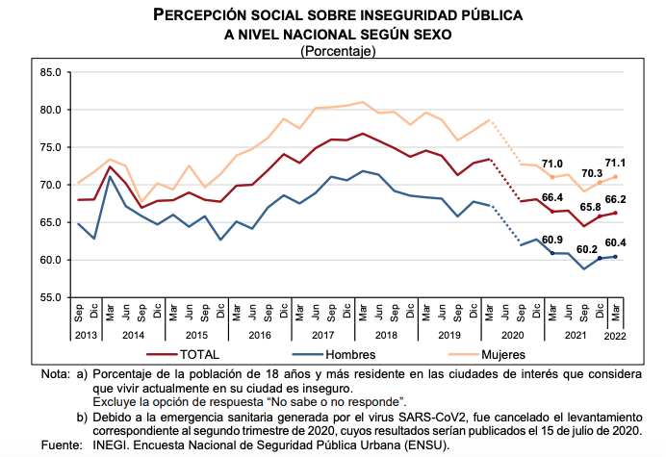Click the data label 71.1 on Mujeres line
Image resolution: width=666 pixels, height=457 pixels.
pos(615,164)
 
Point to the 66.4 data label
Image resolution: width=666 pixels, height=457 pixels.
pos(552,197)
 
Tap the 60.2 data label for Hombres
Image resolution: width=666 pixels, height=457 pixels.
pos(587,249)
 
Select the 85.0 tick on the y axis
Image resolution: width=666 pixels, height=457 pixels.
pos(51,72)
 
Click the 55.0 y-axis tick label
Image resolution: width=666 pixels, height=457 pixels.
pos(51,297)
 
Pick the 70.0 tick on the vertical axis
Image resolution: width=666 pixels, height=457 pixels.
pos(51,185)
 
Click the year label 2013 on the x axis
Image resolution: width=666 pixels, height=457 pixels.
pos(86,335)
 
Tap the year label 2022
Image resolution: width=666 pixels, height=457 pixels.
pos(615,336)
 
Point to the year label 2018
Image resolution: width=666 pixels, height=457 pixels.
pos(386,335)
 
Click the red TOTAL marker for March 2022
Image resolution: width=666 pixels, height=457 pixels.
pos(615,214)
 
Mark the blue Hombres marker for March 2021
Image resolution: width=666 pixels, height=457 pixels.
pos(552,253)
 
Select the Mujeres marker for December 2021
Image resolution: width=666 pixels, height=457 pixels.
pos(600,183)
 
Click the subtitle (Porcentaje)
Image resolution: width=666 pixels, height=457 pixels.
pos(338,51)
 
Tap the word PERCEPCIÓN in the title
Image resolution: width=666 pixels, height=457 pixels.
pos(199,14)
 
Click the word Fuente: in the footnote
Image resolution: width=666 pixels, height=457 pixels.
pos(62,445)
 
